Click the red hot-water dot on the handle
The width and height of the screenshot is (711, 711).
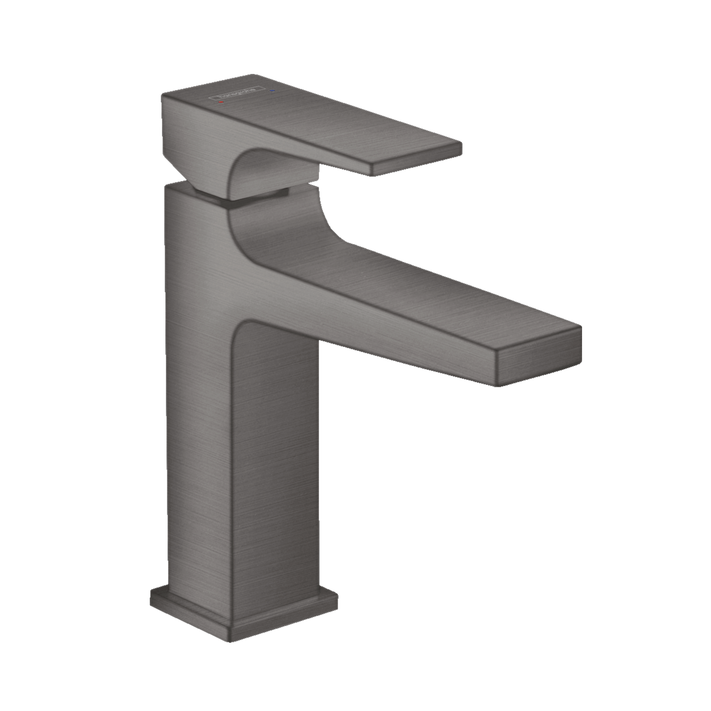tap(220, 102)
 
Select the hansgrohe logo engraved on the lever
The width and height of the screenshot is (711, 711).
tap(236, 94)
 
